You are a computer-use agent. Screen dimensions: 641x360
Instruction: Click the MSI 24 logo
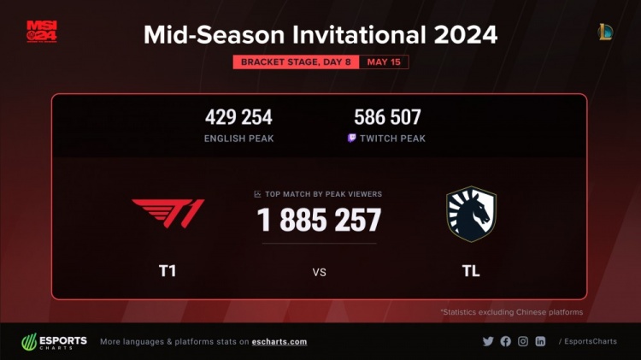point(42,32)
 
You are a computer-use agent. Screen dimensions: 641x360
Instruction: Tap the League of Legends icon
point(605,32)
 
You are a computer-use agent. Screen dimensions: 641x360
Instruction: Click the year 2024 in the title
point(466,35)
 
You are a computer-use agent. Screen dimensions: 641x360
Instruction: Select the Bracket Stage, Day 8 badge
point(296,62)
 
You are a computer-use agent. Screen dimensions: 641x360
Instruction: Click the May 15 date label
point(384,62)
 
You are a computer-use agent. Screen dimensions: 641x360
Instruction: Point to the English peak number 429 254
point(238,117)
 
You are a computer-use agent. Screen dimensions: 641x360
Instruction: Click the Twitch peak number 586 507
point(387,117)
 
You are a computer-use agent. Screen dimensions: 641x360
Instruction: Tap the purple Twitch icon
point(351,138)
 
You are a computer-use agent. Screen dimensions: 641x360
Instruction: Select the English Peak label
point(238,139)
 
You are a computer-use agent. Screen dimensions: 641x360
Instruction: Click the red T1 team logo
point(168,213)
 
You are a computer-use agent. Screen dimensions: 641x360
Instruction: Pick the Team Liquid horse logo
point(471,214)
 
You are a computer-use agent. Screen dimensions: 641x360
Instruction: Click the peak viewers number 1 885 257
point(320,220)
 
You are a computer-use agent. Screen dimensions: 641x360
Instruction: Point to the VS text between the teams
point(320,273)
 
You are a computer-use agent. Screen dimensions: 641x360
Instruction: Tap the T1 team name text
point(168,271)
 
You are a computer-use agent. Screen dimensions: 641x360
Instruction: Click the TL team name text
point(471,271)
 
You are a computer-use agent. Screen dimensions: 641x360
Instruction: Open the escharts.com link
point(279,342)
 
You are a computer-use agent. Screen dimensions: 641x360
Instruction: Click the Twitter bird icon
point(488,341)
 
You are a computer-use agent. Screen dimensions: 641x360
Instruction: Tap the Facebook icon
point(506,341)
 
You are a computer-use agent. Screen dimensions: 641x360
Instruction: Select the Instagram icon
point(523,341)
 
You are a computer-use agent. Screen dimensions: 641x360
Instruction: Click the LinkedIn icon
point(540,341)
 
